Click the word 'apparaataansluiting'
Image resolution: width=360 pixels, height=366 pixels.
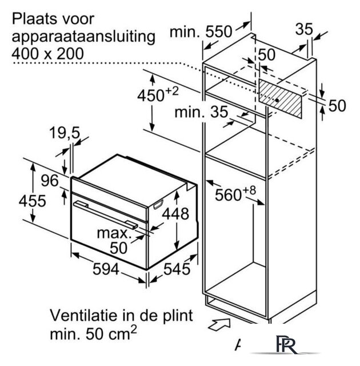pyautogui.click(x=83, y=37)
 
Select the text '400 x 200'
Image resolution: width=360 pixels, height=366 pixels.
pyautogui.click(x=47, y=54)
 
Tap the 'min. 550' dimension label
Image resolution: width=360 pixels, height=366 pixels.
pyautogui.click(x=201, y=31)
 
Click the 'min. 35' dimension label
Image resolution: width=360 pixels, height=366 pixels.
pyautogui.click(x=201, y=112)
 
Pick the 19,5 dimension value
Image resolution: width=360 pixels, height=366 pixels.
pyautogui.click(x=65, y=133)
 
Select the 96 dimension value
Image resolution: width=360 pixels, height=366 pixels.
pyautogui.click(x=50, y=181)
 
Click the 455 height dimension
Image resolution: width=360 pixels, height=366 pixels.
pyautogui.click(x=32, y=201)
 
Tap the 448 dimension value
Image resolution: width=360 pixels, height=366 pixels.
pyautogui.click(x=175, y=214)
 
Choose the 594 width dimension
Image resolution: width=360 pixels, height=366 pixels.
pyautogui.click(x=106, y=269)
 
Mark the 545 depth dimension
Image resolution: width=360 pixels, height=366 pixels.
pyautogui.click(x=177, y=269)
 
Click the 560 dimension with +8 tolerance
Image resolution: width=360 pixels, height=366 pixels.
pyautogui.click(x=235, y=194)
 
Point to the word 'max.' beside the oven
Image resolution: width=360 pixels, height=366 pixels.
pyautogui.click(x=113, y=233)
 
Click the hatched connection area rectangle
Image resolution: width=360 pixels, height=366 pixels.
pyautogui.click(x=280, y=97)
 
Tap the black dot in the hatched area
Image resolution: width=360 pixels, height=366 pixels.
pyautogui.click(x=277, y=100)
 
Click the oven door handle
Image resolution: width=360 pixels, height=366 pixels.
pyautogui.click(x=106, y=214)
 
